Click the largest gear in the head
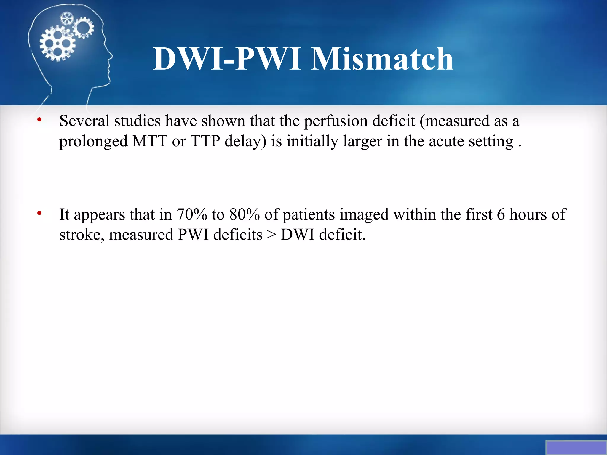click(x=57, y=44)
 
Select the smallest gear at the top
click(x=66, y=19)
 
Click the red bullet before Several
click(x=39, y=120)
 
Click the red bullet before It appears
click(x=39, y=213)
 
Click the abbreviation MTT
click(x=150, y=141)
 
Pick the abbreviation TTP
click(x=205, y=141)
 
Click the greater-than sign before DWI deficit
click(x=271, y=235)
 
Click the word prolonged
click(x=93, y=142)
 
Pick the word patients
click(x=309, y=215)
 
